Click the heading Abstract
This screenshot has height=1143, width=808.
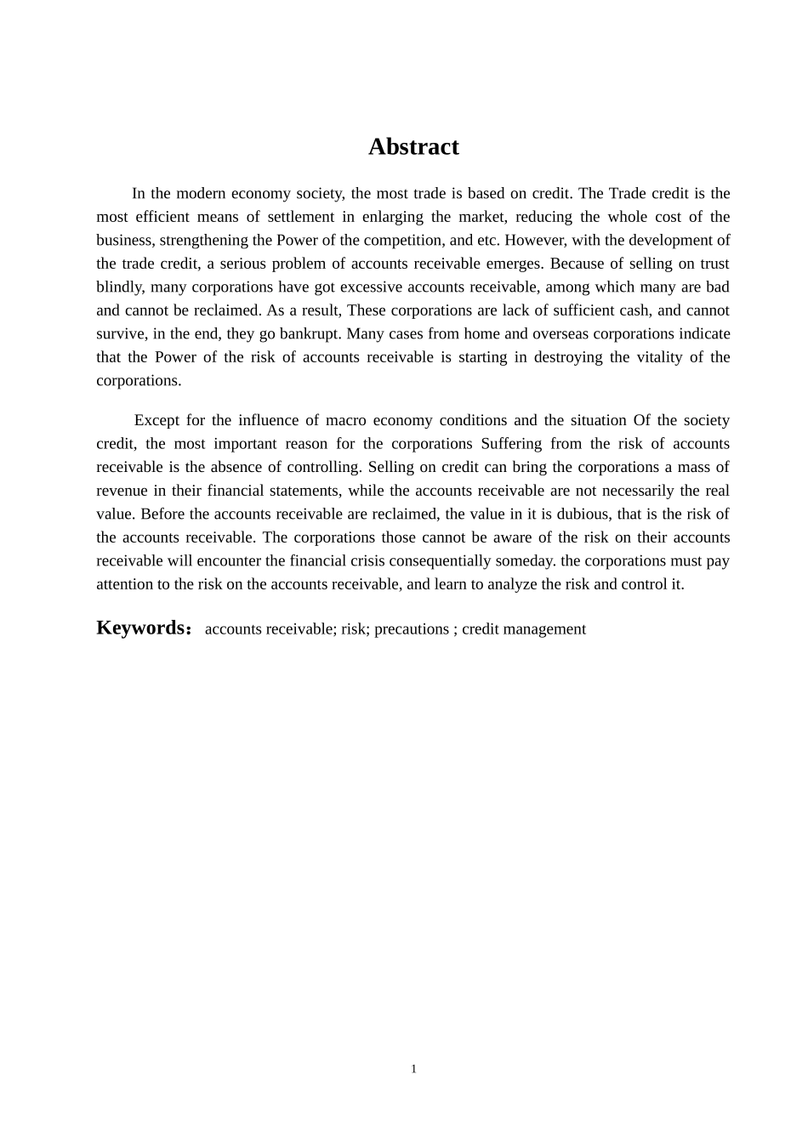(x=413, y=147)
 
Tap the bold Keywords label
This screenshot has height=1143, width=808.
(x=141, y=628)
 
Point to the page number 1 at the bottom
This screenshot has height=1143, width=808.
(x=413, y=1069)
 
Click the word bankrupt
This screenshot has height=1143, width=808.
(x=310, y=333)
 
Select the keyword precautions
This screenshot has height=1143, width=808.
(x=412, y=629)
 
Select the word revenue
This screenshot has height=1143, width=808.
(x=122, y=491)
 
